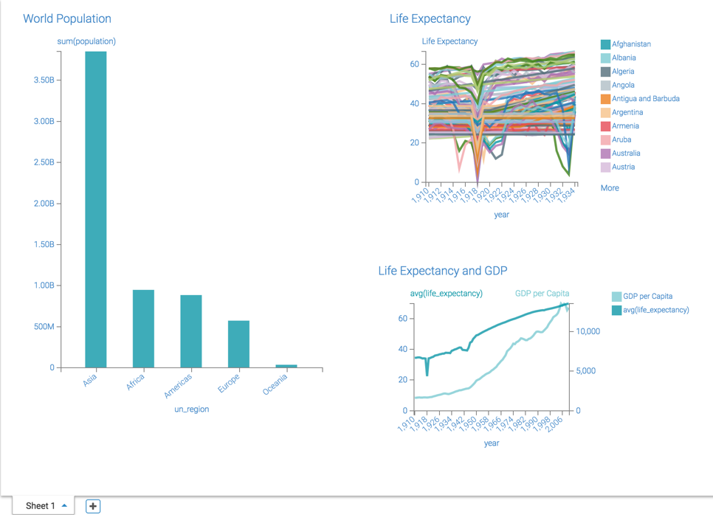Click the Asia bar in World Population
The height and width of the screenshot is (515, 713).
[96, 210]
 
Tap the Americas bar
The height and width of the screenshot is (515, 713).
[191, 331]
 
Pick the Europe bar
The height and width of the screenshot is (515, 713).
[238, 344]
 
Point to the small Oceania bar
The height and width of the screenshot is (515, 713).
[286, 366]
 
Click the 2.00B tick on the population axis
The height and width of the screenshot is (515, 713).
[44, 204]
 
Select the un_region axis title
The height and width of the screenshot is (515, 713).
[191, 409]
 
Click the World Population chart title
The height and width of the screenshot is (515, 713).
[67, 18]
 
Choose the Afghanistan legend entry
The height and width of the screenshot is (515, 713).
[630, 44]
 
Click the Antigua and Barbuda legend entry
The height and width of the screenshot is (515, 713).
[645, 99]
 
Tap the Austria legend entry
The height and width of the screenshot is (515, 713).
[623, 167]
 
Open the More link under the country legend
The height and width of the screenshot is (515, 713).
[610, 188]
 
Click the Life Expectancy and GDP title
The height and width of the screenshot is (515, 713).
[443, 271]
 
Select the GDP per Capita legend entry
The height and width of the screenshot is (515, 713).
[647, 297]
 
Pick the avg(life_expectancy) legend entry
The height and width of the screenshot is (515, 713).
[655, 310]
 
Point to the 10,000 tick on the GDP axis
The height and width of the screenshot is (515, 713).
[588, 332]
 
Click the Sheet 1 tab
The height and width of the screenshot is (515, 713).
[41, 506]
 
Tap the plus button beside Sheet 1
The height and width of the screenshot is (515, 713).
[93, 506]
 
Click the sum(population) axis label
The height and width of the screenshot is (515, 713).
[86, 41]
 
